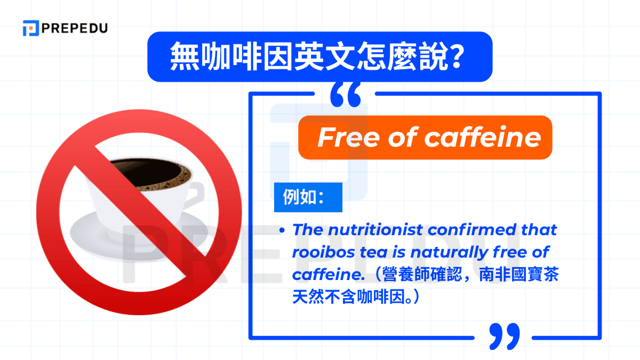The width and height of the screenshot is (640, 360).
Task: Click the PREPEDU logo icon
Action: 31,28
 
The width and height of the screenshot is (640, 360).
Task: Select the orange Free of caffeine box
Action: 425,138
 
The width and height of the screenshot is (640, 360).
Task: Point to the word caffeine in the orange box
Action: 483,138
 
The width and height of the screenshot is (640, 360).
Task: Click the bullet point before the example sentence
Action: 282,231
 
